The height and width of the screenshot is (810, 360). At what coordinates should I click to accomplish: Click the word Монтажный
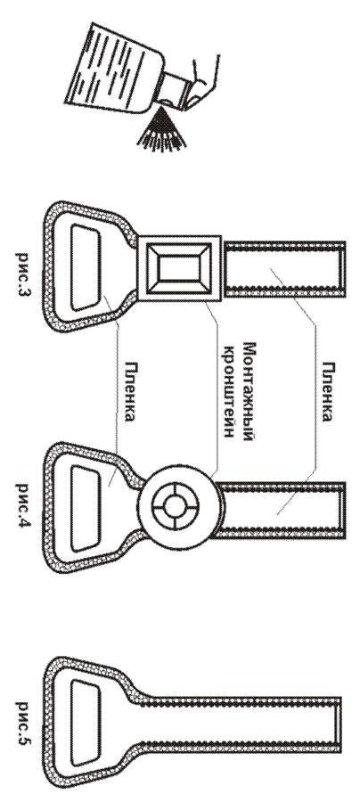click(x=249, y=391)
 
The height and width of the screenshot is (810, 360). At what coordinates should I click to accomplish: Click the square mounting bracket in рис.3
click(x=179, y=268)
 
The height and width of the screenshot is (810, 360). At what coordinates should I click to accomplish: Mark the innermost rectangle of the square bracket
click(x=176, y=268)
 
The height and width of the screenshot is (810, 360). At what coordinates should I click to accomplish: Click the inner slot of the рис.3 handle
click(x=86, y=267)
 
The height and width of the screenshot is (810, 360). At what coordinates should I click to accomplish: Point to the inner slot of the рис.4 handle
click(x=86, y=508)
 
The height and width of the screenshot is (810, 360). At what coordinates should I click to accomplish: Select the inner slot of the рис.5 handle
click(x=86, y=723)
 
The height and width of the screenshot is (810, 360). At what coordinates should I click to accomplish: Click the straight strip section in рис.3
click(x=284, y=268)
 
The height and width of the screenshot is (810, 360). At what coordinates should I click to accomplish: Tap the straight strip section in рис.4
click(x=280, y=509)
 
